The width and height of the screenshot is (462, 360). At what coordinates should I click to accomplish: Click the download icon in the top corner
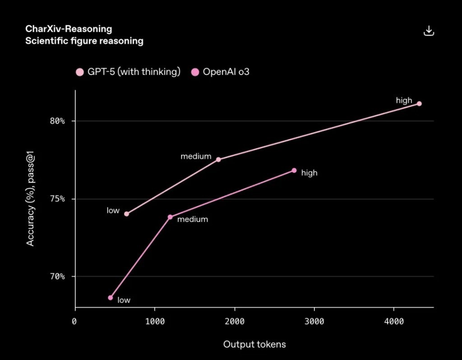tap(429, 31)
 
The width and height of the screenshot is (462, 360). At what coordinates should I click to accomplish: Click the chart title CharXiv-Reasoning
tap(69, 29)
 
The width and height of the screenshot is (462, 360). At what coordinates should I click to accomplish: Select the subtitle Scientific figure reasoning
tap(84, 41)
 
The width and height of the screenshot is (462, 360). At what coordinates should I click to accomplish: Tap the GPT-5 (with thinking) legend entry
tap(128, 72)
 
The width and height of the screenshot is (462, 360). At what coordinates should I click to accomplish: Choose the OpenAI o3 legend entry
tap(220, 72)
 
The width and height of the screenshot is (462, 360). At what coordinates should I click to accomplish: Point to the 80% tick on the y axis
tap(57, 121)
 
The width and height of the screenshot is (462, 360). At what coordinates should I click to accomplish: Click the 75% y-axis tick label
tap(57, 199)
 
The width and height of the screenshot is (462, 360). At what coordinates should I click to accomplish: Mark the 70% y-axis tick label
tap(57, 277)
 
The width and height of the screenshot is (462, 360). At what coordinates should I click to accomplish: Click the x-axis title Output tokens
tap(254, 345)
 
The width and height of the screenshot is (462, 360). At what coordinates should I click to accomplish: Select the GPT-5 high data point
tap(419, 104)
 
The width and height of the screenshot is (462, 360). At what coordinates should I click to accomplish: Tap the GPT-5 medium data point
tap(218, 159)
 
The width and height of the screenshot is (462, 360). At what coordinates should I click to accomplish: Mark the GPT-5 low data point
tap(126, 214)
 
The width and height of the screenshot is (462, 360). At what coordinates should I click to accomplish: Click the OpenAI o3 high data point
tap(294, 171)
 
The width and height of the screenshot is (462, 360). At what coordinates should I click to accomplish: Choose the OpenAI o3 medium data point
tap(170, 217)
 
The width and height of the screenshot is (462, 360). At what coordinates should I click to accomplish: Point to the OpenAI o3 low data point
tap(110, 298)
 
